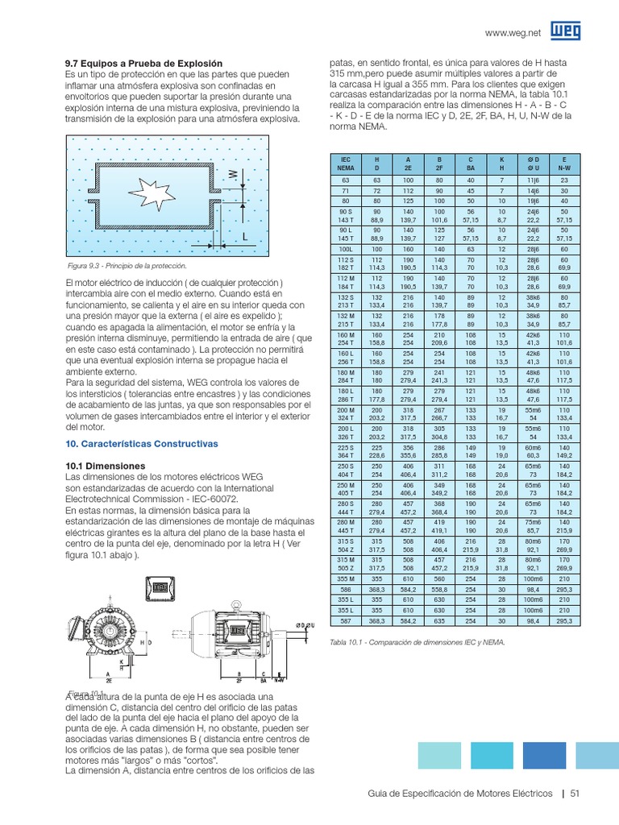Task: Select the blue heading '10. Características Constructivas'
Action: tap(141, 444)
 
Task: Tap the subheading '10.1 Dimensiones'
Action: tap(105, 466)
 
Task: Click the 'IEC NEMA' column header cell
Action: tap(346, 164)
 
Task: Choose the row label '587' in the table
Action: tap(346, 620)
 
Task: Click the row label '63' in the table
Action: tap(346, 181)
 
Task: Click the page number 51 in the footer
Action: tap(575, 793)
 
